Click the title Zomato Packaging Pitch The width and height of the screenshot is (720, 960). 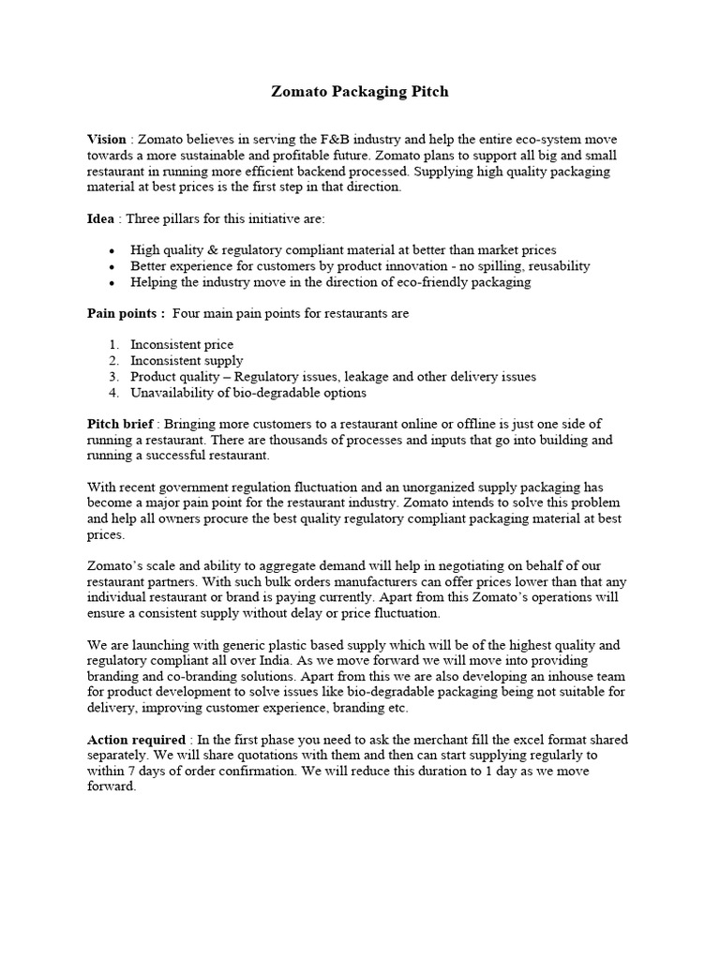[x=360, y=92]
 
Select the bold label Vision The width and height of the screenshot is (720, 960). [x=106, y=139]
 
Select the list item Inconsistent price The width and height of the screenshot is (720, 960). [x=182, y=345]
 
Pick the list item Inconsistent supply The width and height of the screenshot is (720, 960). [x=187, y=361]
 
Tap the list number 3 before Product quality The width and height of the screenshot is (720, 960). [x=112, y=377]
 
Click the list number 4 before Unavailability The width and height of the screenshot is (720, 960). [x=112, y=393]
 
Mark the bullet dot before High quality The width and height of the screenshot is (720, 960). [x=112, y=250]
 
